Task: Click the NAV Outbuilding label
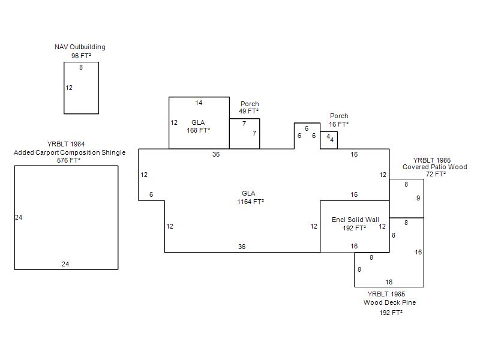[x=80, y=47]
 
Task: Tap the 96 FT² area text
[x=81, y=56]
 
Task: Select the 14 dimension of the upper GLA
[x=199, y=103]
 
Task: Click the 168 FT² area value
[x=199, y=130]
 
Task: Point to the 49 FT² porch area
[x=248, y=111]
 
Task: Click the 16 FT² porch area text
[x=339, y=124]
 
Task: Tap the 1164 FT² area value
[x=250, y=202]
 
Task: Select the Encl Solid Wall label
[x=355, y=220]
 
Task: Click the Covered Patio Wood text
[x=434, y=167]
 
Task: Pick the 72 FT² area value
[x=436, y=174]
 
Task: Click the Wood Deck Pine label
[x=389, y=302]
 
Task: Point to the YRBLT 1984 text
[x=66, y=144]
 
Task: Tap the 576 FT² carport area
[x=68, y=160]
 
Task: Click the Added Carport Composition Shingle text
[x=70, y=152]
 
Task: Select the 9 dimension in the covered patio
[x=418, y=199]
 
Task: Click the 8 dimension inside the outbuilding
[x=81, y=67]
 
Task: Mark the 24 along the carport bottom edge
[x=65, y=264]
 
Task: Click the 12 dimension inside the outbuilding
[x=69, y=88]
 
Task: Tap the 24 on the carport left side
[x=19, y=217]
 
